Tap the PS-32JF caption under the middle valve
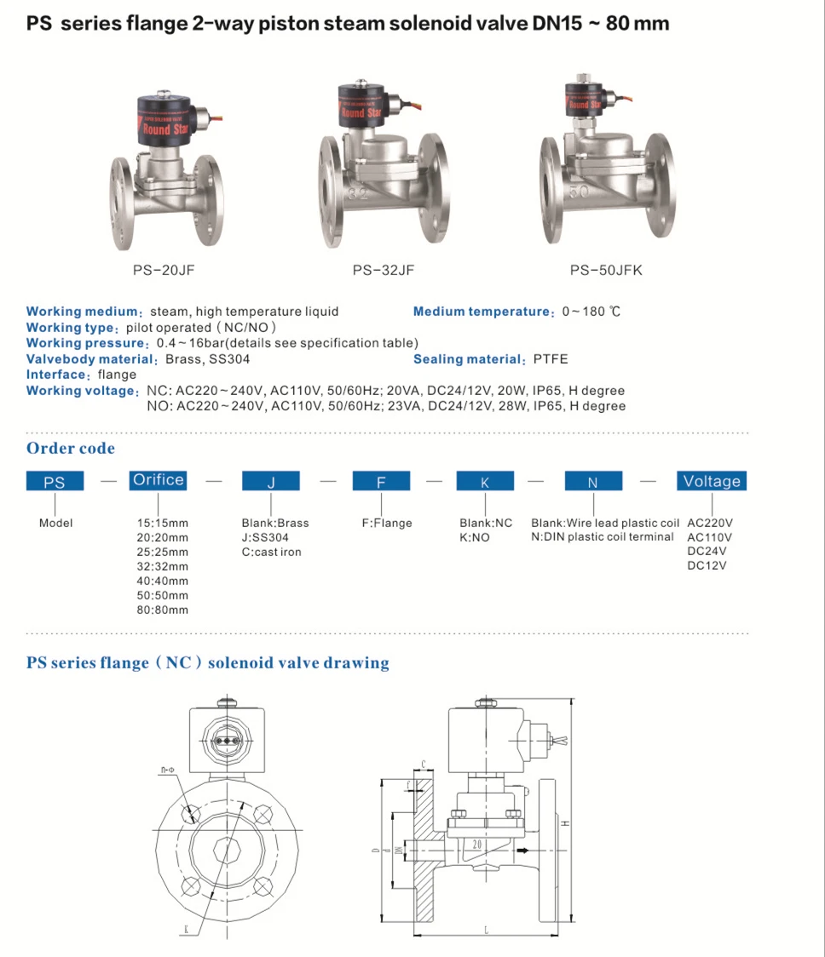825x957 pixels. click(384, 271)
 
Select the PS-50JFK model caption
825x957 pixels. click(606, 271)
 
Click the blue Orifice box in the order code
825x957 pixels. click(158, 480)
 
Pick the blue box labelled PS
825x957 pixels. click(55, 482)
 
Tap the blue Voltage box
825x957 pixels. click(712, 481)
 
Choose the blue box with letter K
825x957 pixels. click(485, 482)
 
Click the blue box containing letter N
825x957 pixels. click(592, 482)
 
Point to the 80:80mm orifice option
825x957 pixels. click(163, 610)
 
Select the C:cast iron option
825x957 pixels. click(271, 552)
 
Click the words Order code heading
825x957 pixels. click(71, 449)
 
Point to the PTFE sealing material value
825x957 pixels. click(551, 359)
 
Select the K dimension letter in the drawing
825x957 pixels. click(185, 931)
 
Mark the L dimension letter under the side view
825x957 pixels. click(485, 931)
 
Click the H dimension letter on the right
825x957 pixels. click(564, 823)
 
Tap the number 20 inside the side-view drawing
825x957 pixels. click(476, 845)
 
